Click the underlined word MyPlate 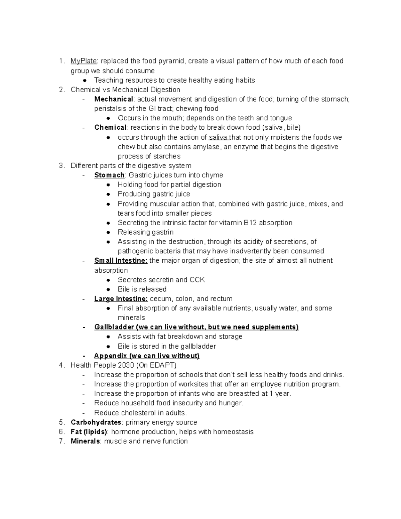(x=84, y=61)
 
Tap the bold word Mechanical (x=114, y=99)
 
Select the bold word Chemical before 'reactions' (x=110, y=128)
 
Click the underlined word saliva (x=219, y=137)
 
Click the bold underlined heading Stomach (x=109, y=175)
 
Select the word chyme (x=213, y=175)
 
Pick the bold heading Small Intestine (x=121, y=261)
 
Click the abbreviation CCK (x=197, y=280)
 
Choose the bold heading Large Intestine (x=121, y=299)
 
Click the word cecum (x=160, y=299)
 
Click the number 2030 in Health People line (x=125, y=365)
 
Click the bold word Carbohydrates (x=96, y=422)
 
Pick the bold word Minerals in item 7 (x=85, y=441)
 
